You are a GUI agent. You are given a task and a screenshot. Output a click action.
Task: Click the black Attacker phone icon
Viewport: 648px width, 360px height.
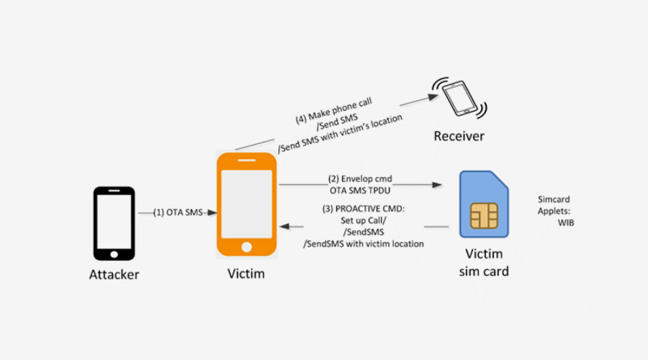(114, 223)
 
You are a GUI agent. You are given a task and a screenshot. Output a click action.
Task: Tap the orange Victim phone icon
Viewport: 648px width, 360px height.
(246, 204)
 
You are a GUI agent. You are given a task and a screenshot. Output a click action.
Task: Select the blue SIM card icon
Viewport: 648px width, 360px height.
(486, 204)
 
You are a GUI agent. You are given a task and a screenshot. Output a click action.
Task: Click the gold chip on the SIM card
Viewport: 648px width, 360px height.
(485, 215)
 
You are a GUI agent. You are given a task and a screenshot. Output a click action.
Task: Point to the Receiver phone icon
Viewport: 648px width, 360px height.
(459, 97)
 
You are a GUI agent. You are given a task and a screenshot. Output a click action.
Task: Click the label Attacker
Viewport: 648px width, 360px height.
(114, 274)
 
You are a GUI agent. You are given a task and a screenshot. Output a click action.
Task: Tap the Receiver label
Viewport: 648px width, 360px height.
(459, 136)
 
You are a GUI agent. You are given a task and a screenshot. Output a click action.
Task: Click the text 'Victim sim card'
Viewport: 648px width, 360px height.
(485, 263)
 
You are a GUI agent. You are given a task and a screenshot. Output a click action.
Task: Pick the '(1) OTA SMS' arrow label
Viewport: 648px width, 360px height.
(179, 212)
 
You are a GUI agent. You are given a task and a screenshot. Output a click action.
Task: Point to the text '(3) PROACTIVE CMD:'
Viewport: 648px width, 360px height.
(364, 210)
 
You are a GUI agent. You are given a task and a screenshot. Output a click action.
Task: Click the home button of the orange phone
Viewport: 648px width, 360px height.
(246, 247)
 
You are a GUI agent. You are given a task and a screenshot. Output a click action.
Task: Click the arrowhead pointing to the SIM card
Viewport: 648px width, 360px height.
(437, 185)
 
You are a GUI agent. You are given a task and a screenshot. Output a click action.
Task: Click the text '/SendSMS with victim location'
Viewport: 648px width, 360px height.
(364, 243)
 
